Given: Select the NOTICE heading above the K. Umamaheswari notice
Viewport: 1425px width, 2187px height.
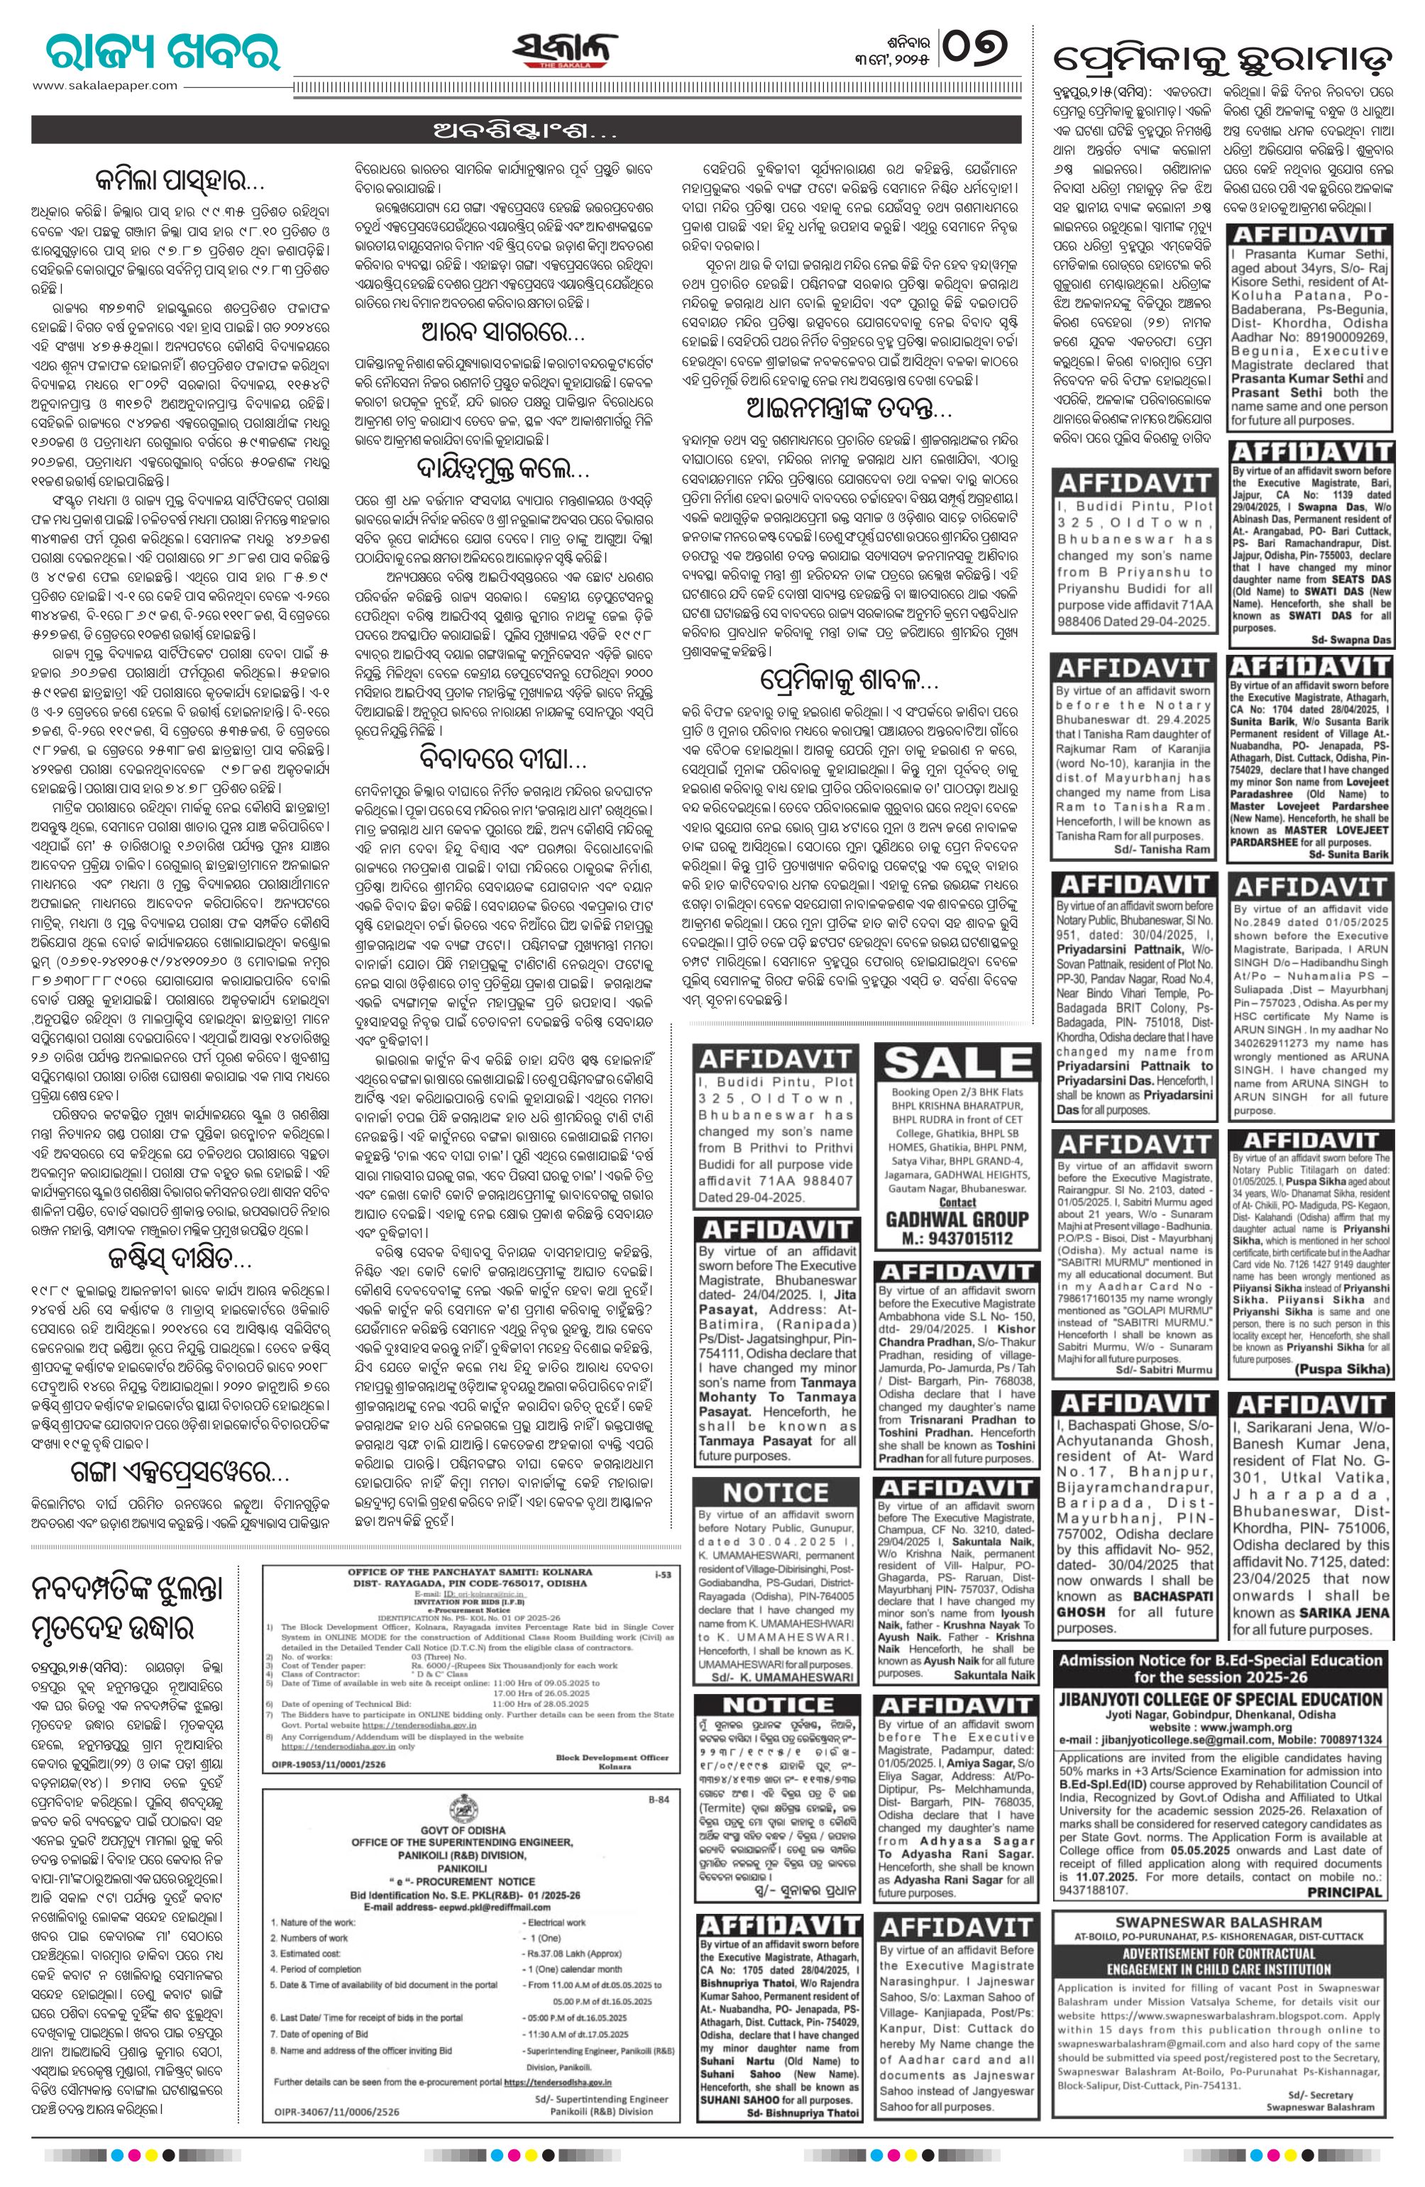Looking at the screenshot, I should coord(777,1490).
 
